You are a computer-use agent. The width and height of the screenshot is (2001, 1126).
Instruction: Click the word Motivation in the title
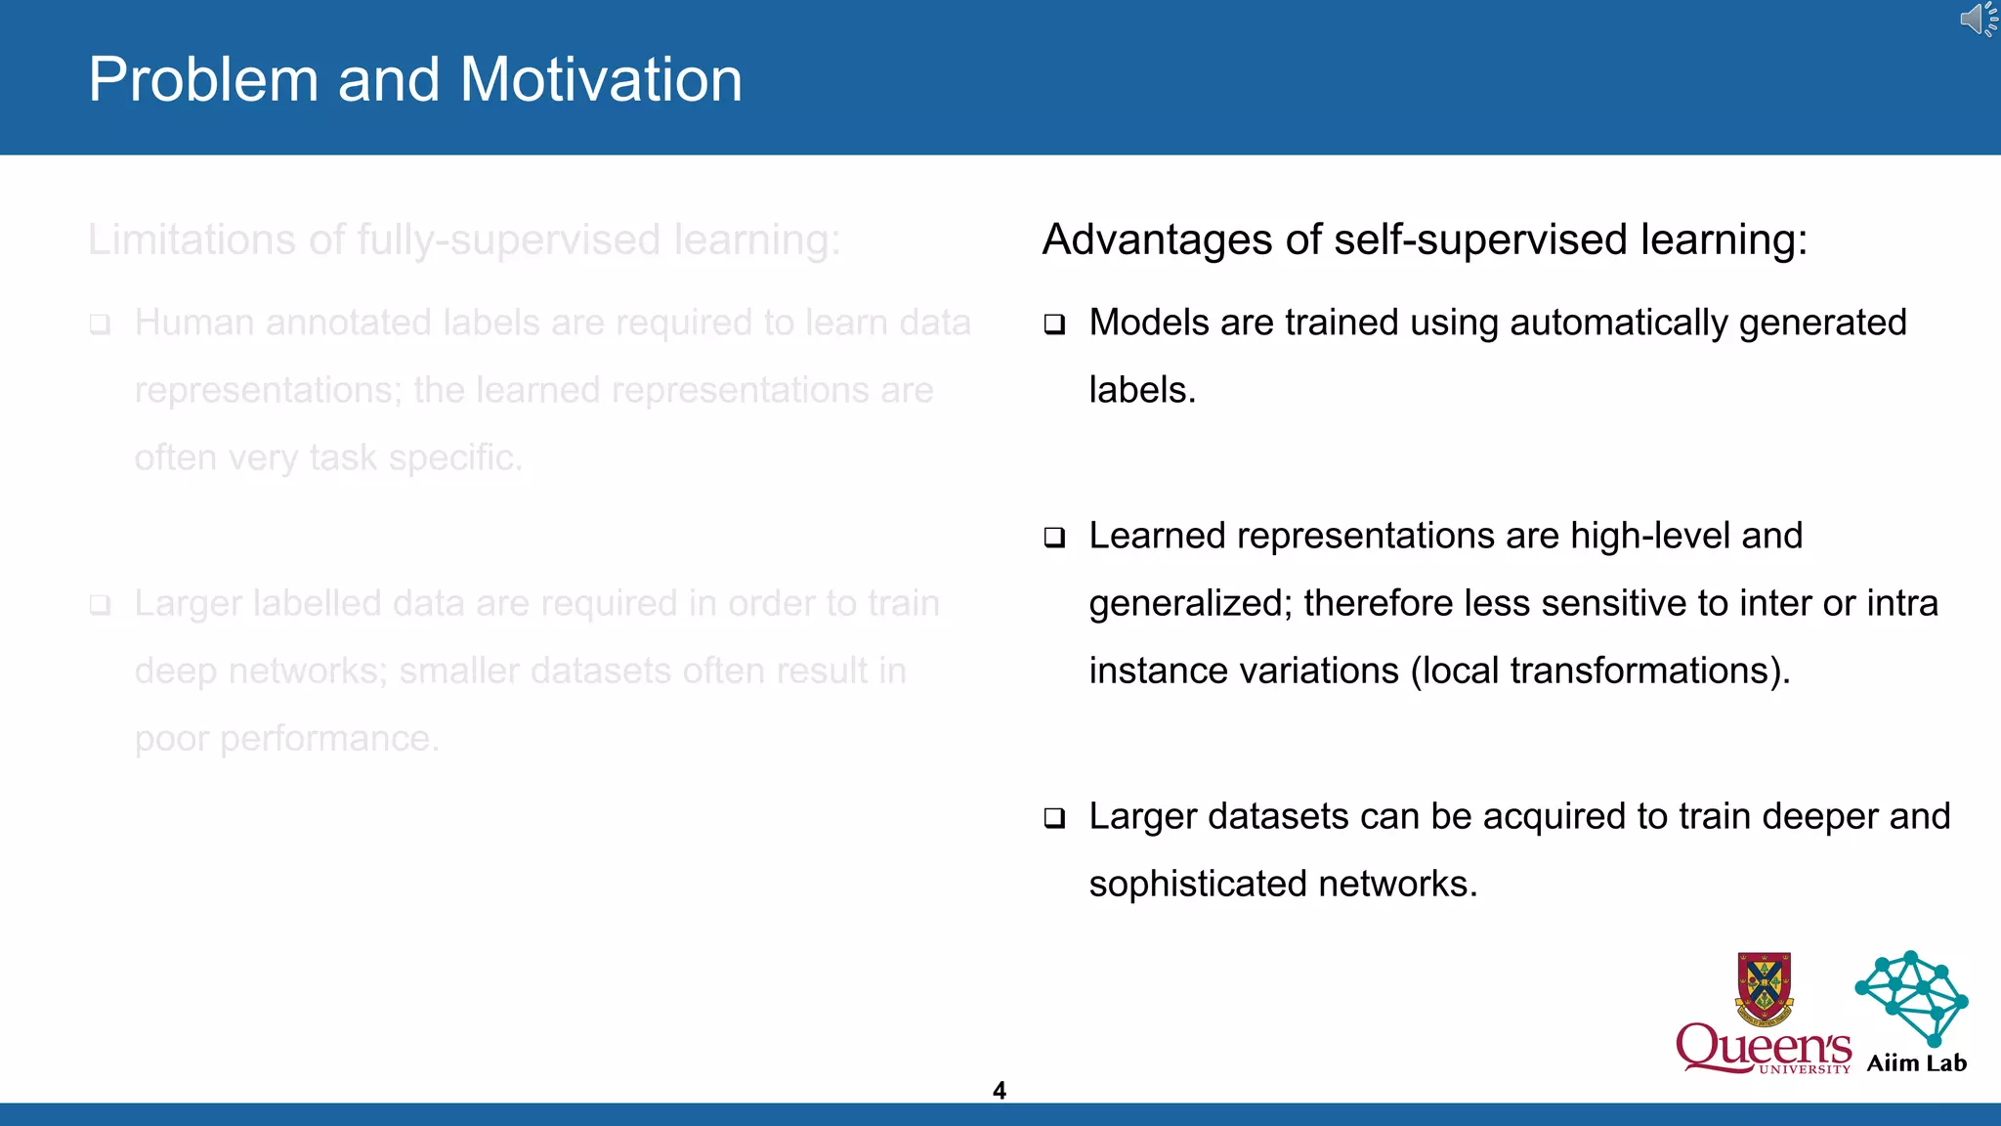pos(600,80)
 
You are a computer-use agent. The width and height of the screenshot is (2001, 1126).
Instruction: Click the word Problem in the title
pos(203,80)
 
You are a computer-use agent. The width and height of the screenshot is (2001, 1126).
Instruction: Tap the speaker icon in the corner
pos(1978,20)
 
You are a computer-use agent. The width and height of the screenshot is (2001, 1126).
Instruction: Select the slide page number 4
pos(999,1090)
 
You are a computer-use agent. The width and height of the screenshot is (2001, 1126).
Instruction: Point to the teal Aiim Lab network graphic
pos(1911,997)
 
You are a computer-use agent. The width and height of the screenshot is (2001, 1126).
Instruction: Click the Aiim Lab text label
pos(1916,1063)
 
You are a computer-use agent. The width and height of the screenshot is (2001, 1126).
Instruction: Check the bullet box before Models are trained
pos(1054,325)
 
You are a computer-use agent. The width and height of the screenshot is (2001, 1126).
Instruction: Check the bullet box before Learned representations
pos(1054,538)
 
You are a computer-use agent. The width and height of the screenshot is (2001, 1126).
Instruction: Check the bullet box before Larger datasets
pos(1054,818)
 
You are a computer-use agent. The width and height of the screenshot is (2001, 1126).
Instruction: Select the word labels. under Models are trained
pos(1141,391)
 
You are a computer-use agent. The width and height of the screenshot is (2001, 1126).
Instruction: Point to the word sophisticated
pos(1198,885)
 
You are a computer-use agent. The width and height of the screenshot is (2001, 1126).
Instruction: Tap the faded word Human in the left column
pos(193,324)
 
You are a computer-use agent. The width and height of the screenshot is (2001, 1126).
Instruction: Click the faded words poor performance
pos(286,739)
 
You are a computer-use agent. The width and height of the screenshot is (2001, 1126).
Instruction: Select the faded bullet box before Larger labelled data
pos(100,605)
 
